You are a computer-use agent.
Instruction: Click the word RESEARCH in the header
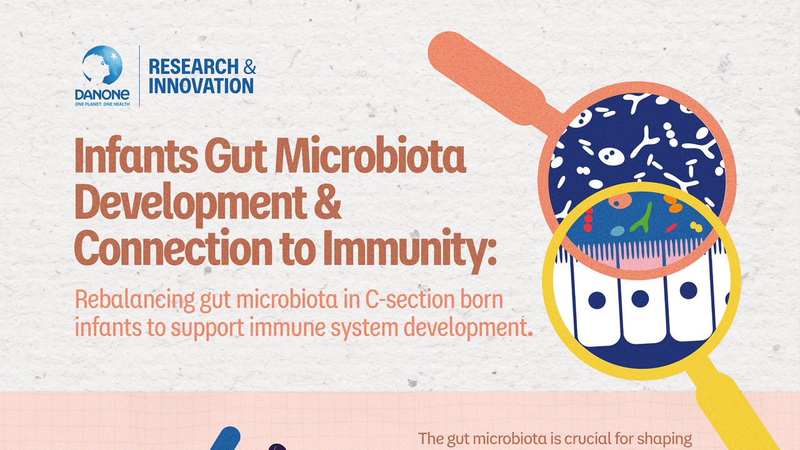[194, 67]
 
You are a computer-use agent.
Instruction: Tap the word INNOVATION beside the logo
[201, 86]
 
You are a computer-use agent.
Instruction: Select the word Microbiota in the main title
[371, 157]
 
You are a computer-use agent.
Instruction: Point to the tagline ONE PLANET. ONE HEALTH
[102, 104]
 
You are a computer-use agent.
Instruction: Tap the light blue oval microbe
[617, 231]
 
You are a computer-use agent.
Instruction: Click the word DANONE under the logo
[102, 94]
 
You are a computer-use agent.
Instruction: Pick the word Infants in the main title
[136, 157]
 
